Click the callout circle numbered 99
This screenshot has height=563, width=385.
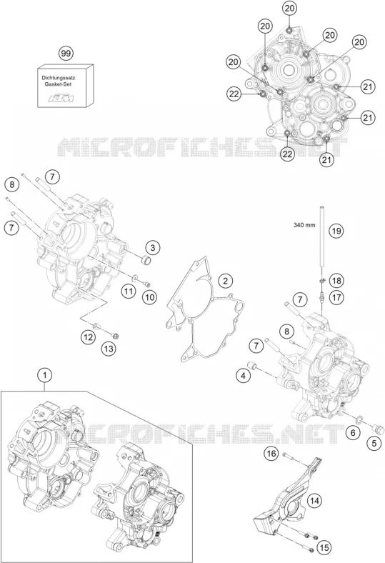(65, 54)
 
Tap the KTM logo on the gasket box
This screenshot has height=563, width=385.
(61, 98)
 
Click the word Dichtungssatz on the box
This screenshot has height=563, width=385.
(59, 77)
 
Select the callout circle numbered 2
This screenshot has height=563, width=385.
(225, 281)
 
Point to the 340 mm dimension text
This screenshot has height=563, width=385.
(304, 225)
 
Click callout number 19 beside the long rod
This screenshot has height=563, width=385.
(336, 231)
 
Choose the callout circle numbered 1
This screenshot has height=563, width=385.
(44, 376)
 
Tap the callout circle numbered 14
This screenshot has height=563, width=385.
(314, 501)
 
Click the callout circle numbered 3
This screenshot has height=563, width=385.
(152, 247)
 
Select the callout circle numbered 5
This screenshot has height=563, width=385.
(374, 443)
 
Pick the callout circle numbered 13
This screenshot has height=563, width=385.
(109, 348)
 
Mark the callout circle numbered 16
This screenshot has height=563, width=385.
(271, 454)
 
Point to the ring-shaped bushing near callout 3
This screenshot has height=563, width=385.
(145, 259)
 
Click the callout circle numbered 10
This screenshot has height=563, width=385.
(149, 297)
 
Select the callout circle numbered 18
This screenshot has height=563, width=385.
(336, 280)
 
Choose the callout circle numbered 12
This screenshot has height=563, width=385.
(89, 337)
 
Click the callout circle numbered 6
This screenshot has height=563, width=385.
(353, 433)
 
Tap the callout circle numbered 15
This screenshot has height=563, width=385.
(324, 547)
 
